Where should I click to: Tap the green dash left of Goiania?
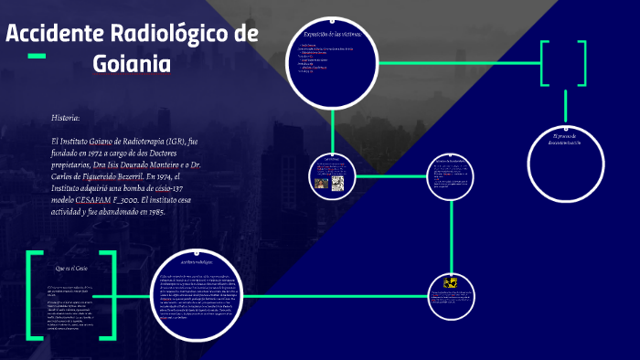37,57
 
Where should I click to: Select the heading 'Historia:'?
66,118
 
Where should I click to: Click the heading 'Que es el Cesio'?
71,269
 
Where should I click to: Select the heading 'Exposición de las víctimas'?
333,34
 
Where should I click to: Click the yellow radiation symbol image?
451,283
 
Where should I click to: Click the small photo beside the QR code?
322,183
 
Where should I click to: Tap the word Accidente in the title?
55,35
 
